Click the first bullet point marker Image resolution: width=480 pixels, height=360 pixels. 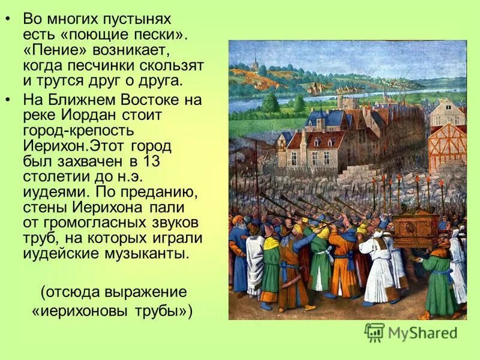[8, 19]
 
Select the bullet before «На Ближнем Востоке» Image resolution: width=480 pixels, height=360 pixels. [8, 98]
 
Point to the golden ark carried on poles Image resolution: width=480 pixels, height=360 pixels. [415, 225]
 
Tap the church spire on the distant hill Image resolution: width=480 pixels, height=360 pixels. [255, 61]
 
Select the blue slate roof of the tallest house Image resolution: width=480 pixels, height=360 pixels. [325, 119]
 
